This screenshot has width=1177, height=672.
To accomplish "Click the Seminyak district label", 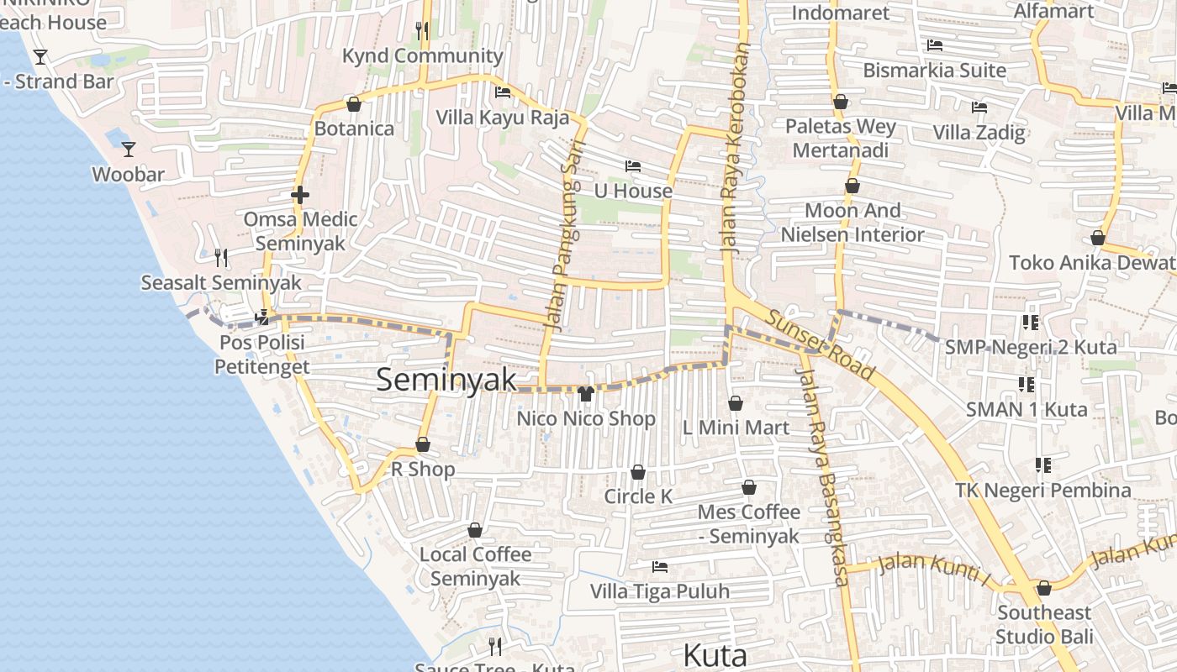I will click(446, 380).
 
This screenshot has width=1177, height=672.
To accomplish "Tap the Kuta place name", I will click(715, 654).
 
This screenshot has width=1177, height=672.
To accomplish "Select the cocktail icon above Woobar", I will click(129, 150).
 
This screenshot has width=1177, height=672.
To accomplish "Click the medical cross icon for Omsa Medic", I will click(300, 195).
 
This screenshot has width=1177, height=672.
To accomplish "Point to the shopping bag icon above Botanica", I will click(354, 104).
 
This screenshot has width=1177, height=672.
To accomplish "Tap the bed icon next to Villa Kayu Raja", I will click(503, 92).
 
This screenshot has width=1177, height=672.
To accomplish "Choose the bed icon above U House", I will click(633, 166).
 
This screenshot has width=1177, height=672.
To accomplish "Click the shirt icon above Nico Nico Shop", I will click(586, 393).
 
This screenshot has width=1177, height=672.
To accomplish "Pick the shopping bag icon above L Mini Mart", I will click(736, 403).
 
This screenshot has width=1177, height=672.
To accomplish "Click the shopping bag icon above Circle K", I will click(638, 472).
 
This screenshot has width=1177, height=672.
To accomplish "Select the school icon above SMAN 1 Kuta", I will click(1026, 385).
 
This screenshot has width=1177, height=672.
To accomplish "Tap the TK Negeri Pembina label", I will click(1042, 490).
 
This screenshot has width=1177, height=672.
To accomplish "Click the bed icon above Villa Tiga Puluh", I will click(660, 567).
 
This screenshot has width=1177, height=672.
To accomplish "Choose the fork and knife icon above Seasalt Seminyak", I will click(221, 257).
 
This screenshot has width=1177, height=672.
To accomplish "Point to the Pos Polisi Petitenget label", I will click(261, 354).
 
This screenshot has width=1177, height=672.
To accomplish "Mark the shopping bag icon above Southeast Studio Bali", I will click(1044, 588).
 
